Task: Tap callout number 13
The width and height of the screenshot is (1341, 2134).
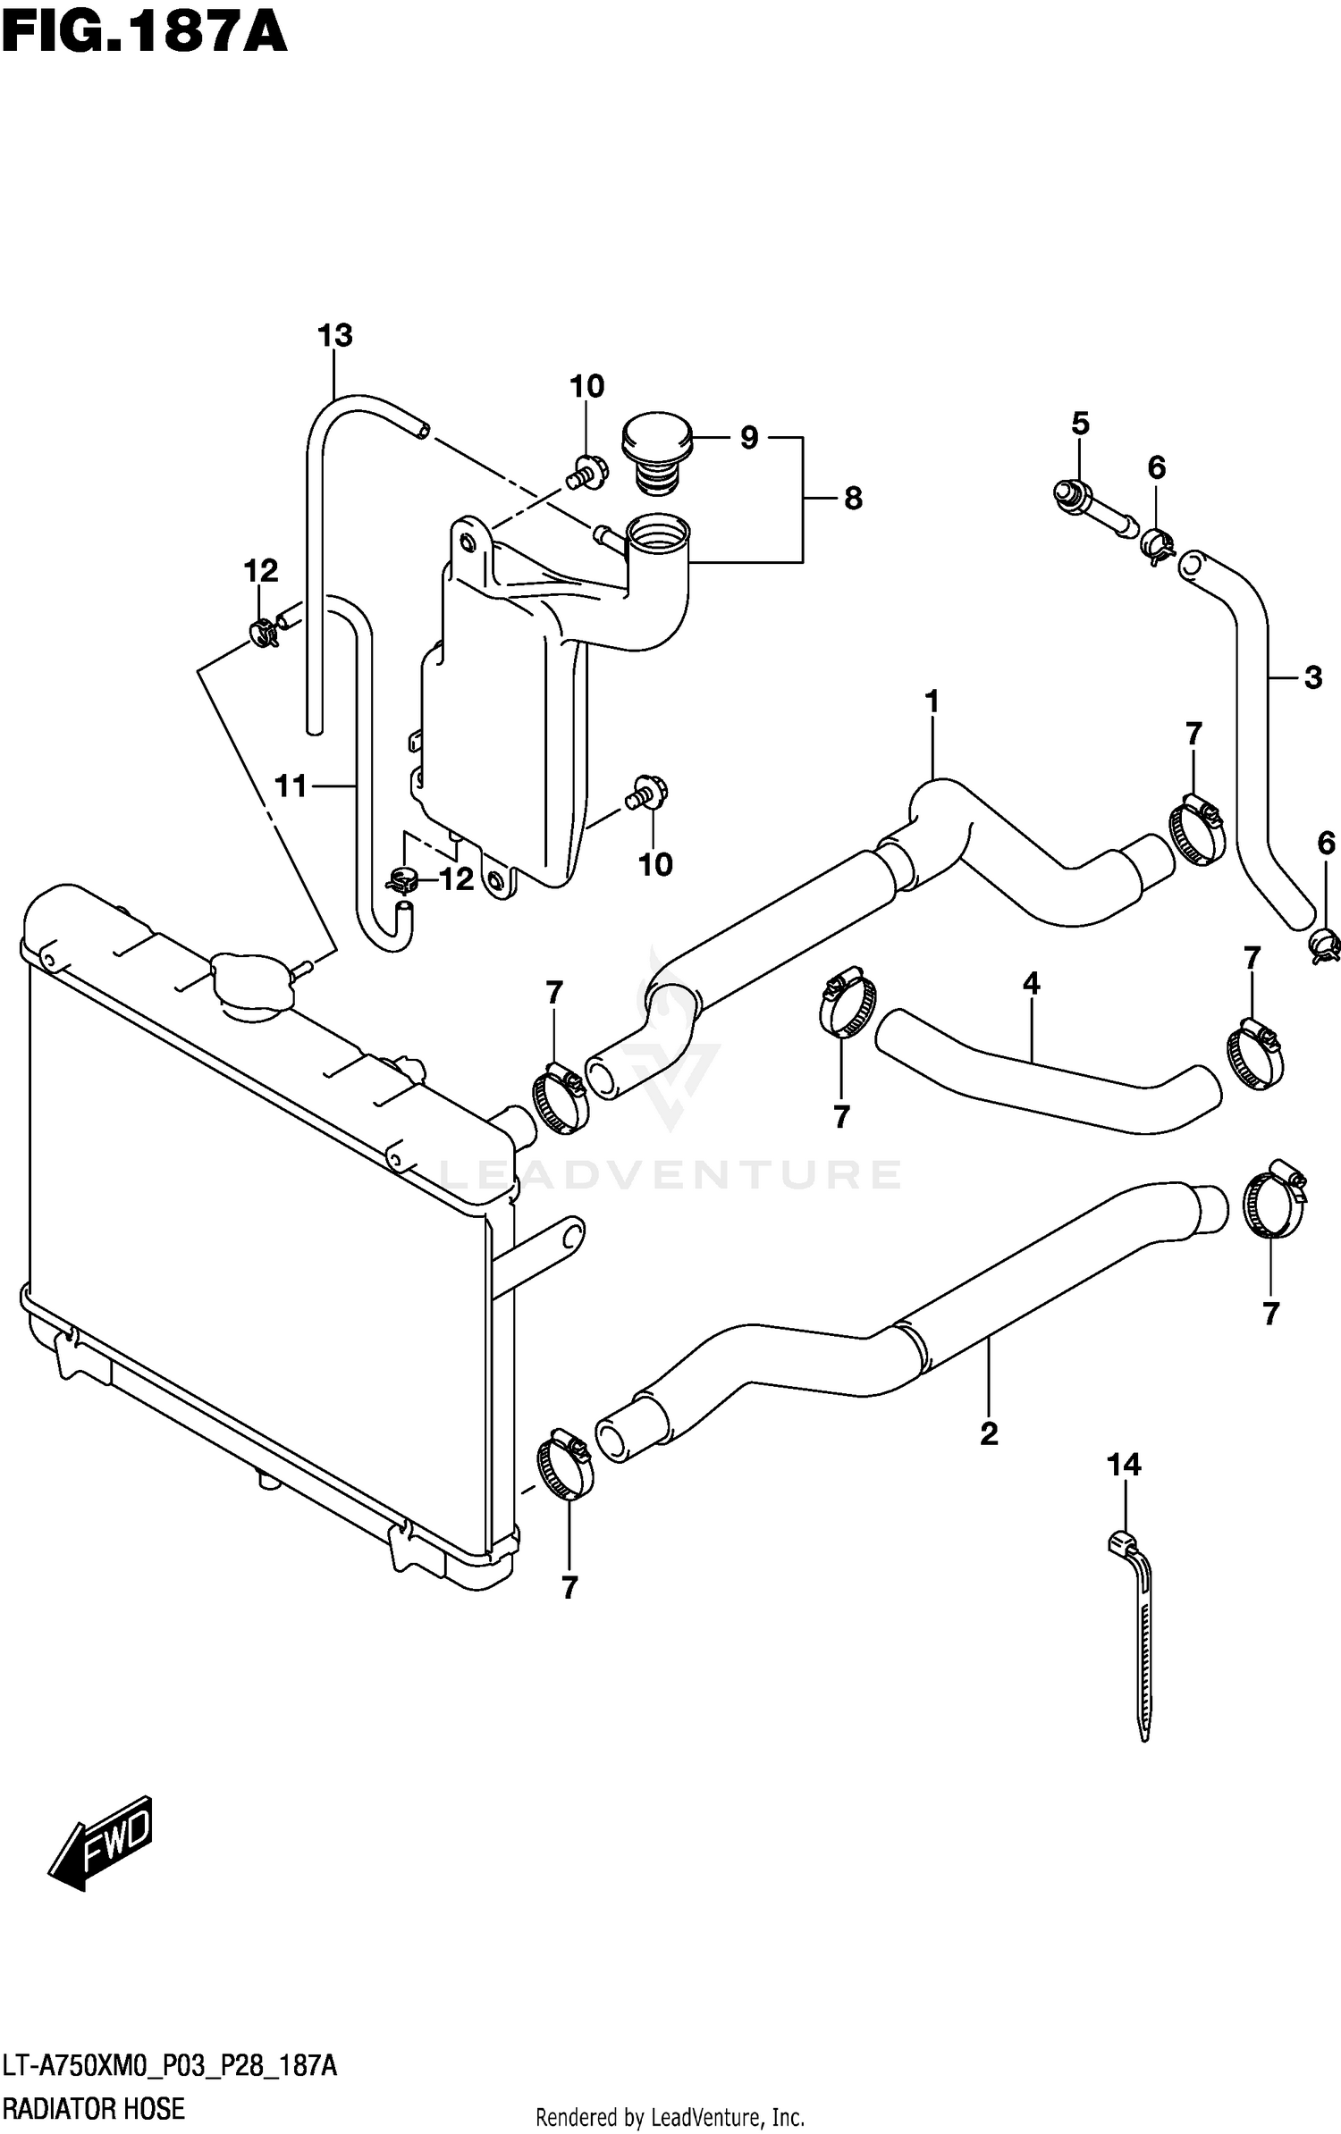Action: click(x=335, y=337)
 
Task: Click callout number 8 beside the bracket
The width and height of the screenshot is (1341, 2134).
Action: click(x=853, y=499)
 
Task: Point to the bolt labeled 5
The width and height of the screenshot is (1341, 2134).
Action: click(x=1071, y=496)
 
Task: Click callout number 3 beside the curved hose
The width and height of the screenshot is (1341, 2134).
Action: click(x=1312, y=678)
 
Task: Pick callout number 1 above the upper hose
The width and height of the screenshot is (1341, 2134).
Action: click(x=932, y=702)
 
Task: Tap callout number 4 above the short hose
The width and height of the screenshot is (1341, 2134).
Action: click(x=1031, y=985)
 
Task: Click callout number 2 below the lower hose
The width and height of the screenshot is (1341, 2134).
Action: click(x=989, y=1434)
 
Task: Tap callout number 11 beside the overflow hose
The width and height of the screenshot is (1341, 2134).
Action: click(x=291, y=786)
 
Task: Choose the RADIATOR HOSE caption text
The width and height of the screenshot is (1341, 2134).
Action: click(x=93, y=2109)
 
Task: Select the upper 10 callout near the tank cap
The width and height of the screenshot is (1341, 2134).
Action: click(x=586, y=387)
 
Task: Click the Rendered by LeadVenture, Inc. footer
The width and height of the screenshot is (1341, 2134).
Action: click(x=670, y=2117)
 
